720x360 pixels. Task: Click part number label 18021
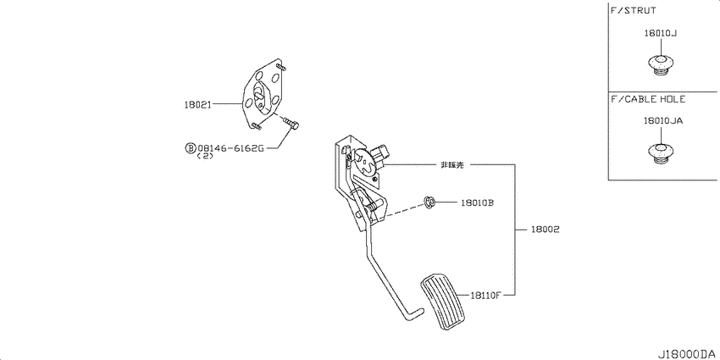click(197, 105)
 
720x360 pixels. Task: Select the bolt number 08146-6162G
click(231, 148)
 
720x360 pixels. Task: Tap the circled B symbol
click(190, 148)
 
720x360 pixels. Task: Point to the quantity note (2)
click(205, 156)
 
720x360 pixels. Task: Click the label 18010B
click(477, 202)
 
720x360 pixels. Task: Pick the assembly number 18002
click(546, 230)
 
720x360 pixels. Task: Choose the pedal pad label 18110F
click(485, 296)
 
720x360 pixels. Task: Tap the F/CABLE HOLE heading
click(648, 99)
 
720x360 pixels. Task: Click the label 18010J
click(661, 33)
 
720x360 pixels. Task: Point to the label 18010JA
click(662, 121)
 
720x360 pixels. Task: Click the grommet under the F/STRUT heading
click(660, 64)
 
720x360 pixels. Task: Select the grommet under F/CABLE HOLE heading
click(660, 153)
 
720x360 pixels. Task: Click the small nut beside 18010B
click(429, 202)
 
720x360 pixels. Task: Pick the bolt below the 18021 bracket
click(291, 123)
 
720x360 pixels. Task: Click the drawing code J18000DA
click(688, 354)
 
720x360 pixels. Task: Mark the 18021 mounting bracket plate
click(263, 94)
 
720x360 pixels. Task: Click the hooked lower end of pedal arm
click(410, 313)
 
